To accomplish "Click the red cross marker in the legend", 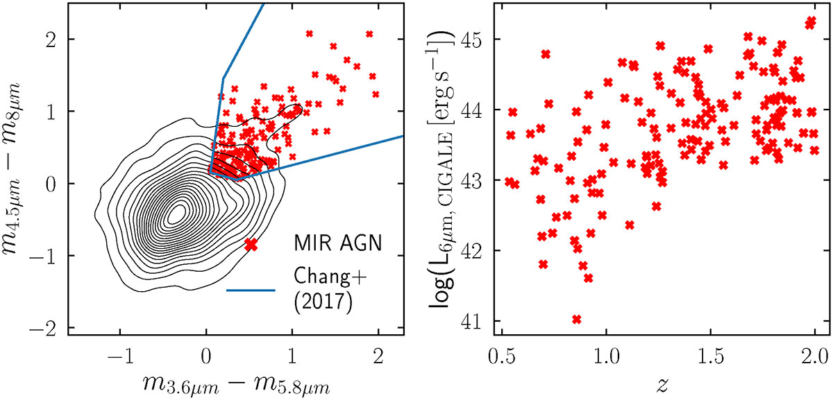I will tap(251, 244).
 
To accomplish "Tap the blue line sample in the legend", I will tap(251, 289).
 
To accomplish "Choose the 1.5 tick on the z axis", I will tap(711, 357).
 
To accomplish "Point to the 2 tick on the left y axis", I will tap(53, 40).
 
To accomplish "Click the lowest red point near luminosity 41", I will tap(576, 319).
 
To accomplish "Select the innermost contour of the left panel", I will tap(178, 214).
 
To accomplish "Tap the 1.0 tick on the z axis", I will tap(607, 357).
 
